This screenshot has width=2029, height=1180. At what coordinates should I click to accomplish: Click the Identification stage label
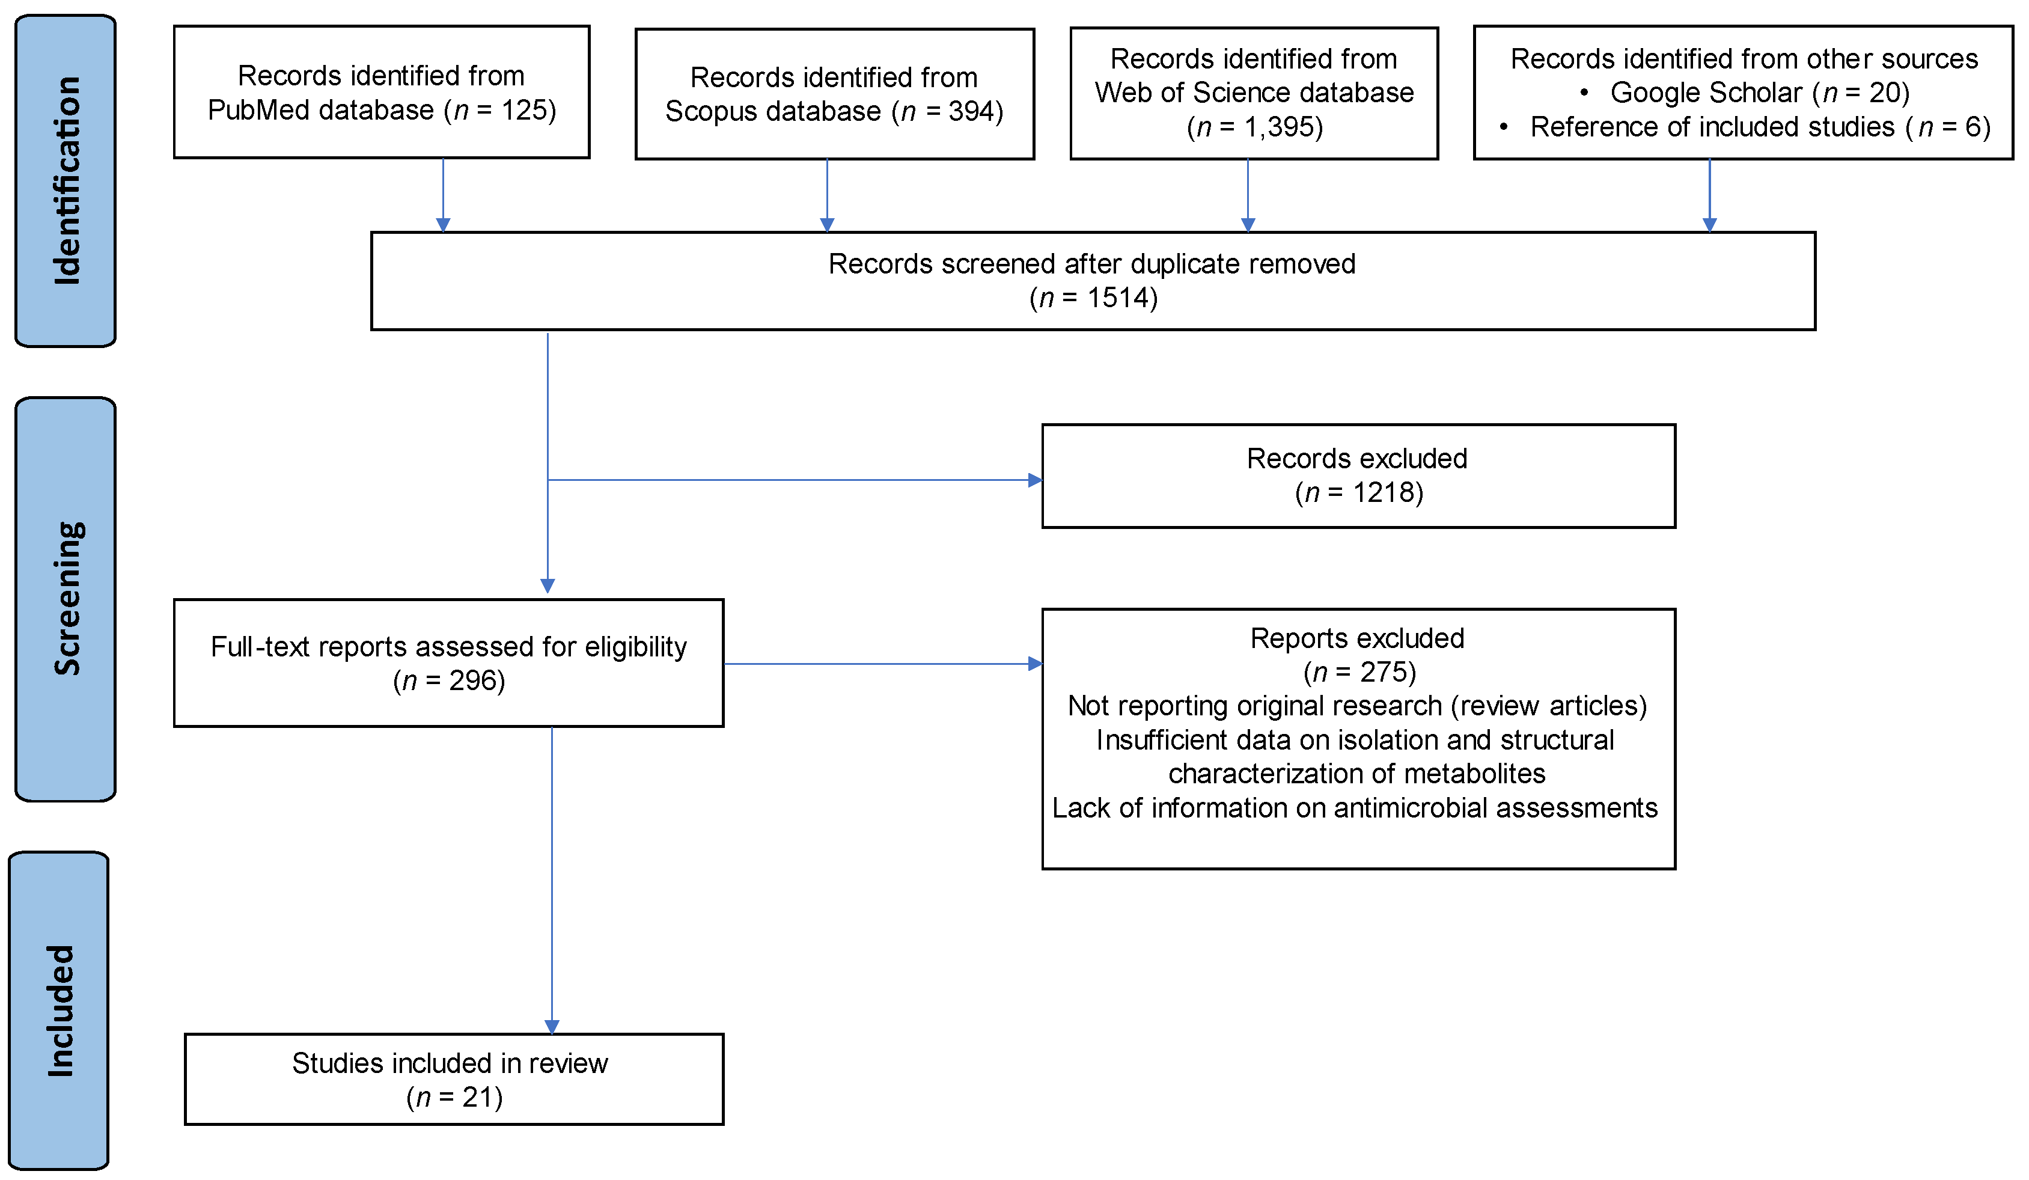pos(66,181)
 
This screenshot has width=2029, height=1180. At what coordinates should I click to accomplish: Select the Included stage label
pos(60,1011)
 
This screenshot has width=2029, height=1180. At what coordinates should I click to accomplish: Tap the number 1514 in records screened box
pos(1121,298)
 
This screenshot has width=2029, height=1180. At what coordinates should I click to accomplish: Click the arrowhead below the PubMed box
pos(443,225)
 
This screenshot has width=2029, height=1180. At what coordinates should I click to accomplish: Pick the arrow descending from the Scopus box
pos(827,194)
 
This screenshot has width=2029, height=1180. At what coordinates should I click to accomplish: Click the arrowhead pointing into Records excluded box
pos(1036,480)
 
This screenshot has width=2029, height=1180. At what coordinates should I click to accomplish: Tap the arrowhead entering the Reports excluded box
pos(1036,664)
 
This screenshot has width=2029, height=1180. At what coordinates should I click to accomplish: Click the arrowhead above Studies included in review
pos(552,1026)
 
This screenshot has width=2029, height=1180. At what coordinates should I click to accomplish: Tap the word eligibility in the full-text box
pos(635,647)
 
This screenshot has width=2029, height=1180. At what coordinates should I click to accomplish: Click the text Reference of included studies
pos(1712,127)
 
